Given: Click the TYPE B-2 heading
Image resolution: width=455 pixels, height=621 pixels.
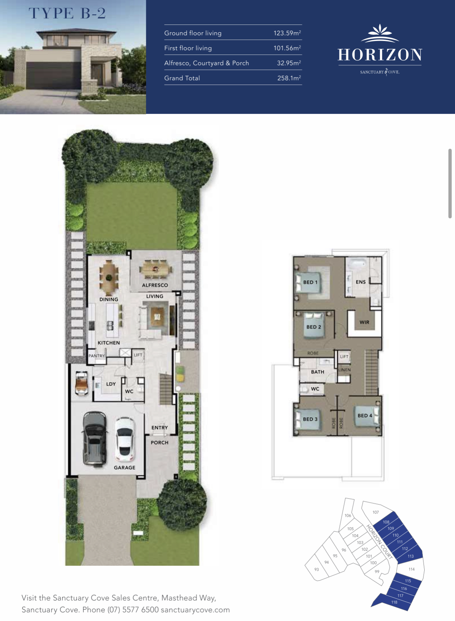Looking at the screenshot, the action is (67, 13).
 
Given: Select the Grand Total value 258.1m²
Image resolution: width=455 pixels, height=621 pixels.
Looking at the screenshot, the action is (289, 78).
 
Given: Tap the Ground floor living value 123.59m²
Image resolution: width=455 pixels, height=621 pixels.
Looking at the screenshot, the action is (287, 33).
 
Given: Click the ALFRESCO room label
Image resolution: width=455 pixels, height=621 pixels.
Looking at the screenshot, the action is (155, 285).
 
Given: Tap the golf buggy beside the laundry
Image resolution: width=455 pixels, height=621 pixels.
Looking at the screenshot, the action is (82, 384).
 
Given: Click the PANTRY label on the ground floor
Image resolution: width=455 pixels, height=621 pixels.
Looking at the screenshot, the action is (96, 356).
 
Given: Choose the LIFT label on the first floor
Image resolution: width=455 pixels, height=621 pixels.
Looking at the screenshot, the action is (344, 356).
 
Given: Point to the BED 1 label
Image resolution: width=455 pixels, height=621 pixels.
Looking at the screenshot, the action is (310, 282).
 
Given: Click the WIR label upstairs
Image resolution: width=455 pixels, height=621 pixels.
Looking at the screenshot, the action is (365, 322).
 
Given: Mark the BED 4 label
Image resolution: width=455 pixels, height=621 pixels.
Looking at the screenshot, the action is (365, 415).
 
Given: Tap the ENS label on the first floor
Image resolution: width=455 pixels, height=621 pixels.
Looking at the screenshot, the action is (360, 282).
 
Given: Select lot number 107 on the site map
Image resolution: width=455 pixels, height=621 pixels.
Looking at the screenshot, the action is (376, 512).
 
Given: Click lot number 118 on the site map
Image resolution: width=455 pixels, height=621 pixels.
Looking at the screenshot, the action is (394, 602).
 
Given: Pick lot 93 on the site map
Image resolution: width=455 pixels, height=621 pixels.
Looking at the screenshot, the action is (317, 569).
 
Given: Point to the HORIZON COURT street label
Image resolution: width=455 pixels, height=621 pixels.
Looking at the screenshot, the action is (379, 542).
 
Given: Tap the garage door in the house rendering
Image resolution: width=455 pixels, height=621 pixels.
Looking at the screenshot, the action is (53, 75).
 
